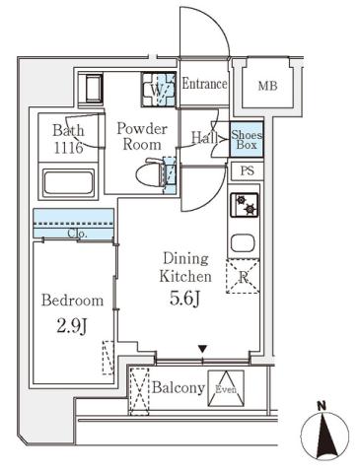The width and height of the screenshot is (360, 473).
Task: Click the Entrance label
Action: [x=204, y=85]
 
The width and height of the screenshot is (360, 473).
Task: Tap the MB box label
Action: [x=268, y=87]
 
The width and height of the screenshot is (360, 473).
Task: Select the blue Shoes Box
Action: [x=246, y=140]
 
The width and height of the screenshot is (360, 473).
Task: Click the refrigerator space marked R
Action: [x=243, y=277]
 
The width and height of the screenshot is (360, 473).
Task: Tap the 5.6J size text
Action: [x=185, y=295]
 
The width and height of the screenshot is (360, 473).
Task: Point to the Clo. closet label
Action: [x=78, y=234]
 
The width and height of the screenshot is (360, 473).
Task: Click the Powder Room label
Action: [x=142, y=136]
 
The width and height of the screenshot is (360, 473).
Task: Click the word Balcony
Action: [x=178, y=387]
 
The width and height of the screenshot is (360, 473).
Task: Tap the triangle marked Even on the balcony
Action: [x=228, y=386]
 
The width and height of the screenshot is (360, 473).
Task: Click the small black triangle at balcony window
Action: [x=202, y=348]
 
